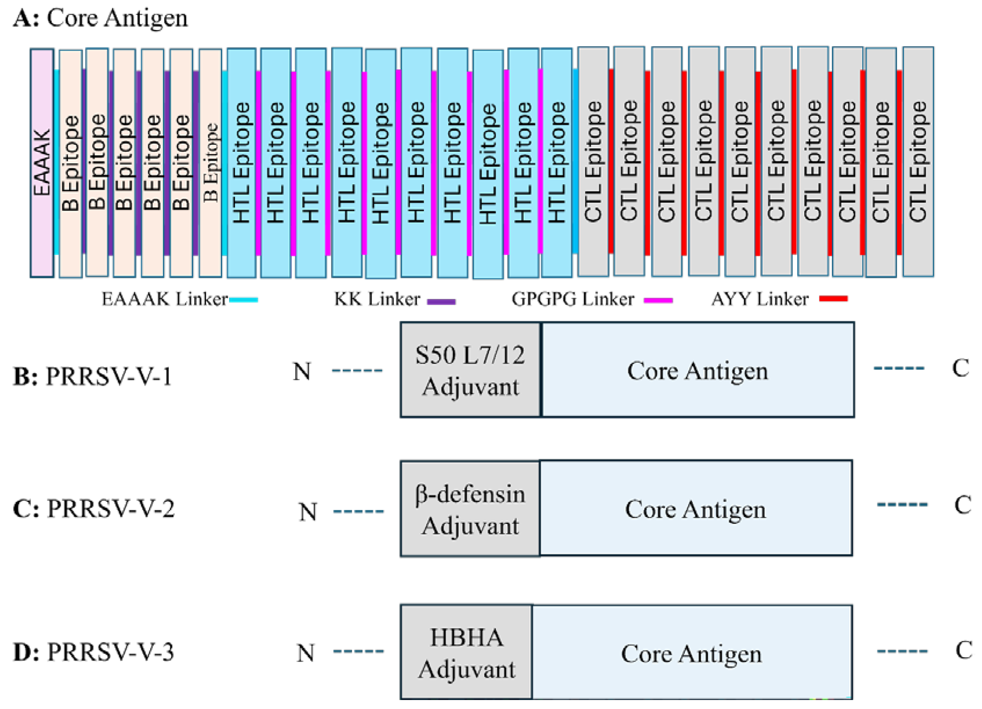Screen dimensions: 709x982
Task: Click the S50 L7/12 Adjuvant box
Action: pyautogui.click(x=471, y=370)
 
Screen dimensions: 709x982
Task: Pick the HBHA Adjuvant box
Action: pyautogui.click(x=466, y=652)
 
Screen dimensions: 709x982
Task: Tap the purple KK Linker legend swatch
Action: pyautogui.click(x=441, y=301)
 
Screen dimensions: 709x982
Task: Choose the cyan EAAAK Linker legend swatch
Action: pyautogui.click(x=243, y=299)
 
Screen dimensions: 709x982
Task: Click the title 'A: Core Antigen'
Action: pyautogui.click(x=100, y=18)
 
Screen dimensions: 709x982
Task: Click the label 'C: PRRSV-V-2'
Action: pyautogui.click(x=93, y=509)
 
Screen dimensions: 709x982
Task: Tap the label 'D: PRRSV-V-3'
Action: pyautogui.click(x=93, y=652)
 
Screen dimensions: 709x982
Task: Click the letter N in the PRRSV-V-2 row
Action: pyautogui.click(x=308, y=512)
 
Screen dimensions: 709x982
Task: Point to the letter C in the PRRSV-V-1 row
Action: pyautogui.click(x=960, y=369)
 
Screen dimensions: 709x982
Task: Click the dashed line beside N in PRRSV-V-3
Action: pyautogui.click(x=358, y=651)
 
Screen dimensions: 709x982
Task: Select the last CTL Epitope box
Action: pyautogui.click(x=918, y=162)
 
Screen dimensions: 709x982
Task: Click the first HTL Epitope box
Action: pyautogui.click(x=241, y=162)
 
